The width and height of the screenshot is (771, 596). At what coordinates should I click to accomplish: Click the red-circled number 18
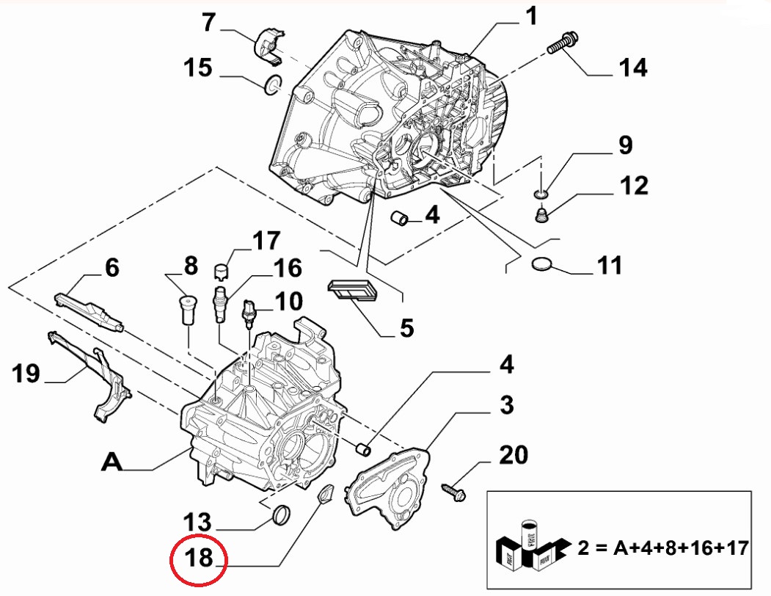[199, 559]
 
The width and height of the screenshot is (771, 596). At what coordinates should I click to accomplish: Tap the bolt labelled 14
[563, 43]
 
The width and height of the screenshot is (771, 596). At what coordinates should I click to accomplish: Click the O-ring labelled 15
[273, 86]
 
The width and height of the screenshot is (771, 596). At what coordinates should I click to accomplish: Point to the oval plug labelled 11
[543, 265]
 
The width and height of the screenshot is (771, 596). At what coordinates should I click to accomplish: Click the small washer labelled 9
[540, 193]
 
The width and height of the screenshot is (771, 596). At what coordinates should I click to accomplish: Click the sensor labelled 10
[251, 311]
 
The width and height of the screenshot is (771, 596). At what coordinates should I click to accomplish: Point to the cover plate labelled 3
[389, 492]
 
